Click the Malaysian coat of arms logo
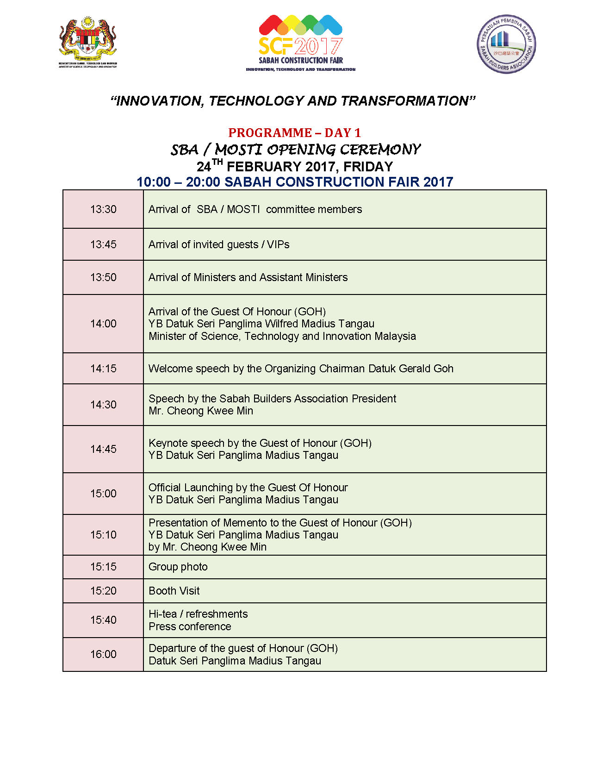coord(88,43)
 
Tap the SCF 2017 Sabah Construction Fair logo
coord(301,43)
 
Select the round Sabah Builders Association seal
coord(506,44)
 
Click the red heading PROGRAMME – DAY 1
coord(294,133)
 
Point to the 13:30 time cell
coord(103,209)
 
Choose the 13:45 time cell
coord(103,244)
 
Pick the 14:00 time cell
coord(103,324)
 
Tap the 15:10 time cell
coord(103,535)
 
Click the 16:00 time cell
coord(103,654)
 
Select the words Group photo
coord(178,567)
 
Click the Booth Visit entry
coord(174,591)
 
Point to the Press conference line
coord(190,626)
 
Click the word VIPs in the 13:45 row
coord(278,244)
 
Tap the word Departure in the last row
coord(172,648)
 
